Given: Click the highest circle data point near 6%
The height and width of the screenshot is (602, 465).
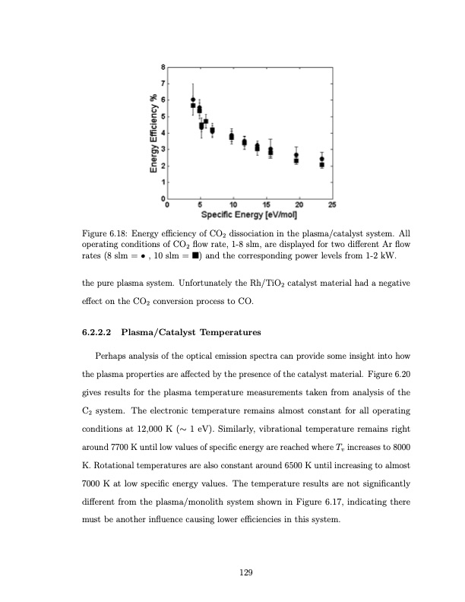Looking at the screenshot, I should coord(193,100).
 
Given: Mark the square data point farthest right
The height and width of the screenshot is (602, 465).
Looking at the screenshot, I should coord(322,165).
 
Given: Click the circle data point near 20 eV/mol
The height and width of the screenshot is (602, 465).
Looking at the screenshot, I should coord(296,155).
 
